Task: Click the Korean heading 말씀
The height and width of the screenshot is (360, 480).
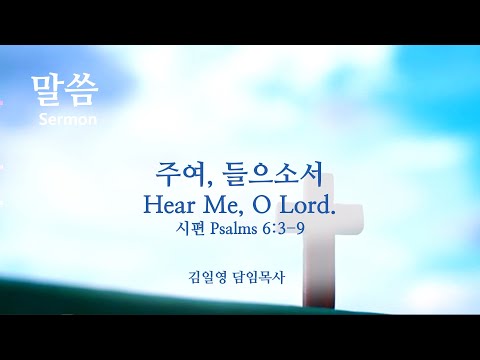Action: coord(65,91)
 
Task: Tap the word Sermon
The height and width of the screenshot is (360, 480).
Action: coord(68,119)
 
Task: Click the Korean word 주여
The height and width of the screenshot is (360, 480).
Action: coord(180,174)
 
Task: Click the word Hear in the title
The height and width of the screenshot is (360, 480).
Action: coord(169,205)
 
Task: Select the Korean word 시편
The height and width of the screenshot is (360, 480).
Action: coord(190,229)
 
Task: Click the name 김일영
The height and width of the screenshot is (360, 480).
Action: coord(207,277)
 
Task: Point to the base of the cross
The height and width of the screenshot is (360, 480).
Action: coord(319,300)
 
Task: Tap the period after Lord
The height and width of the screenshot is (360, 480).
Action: coord(331,211)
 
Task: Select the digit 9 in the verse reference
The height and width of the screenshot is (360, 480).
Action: coord(300,229)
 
